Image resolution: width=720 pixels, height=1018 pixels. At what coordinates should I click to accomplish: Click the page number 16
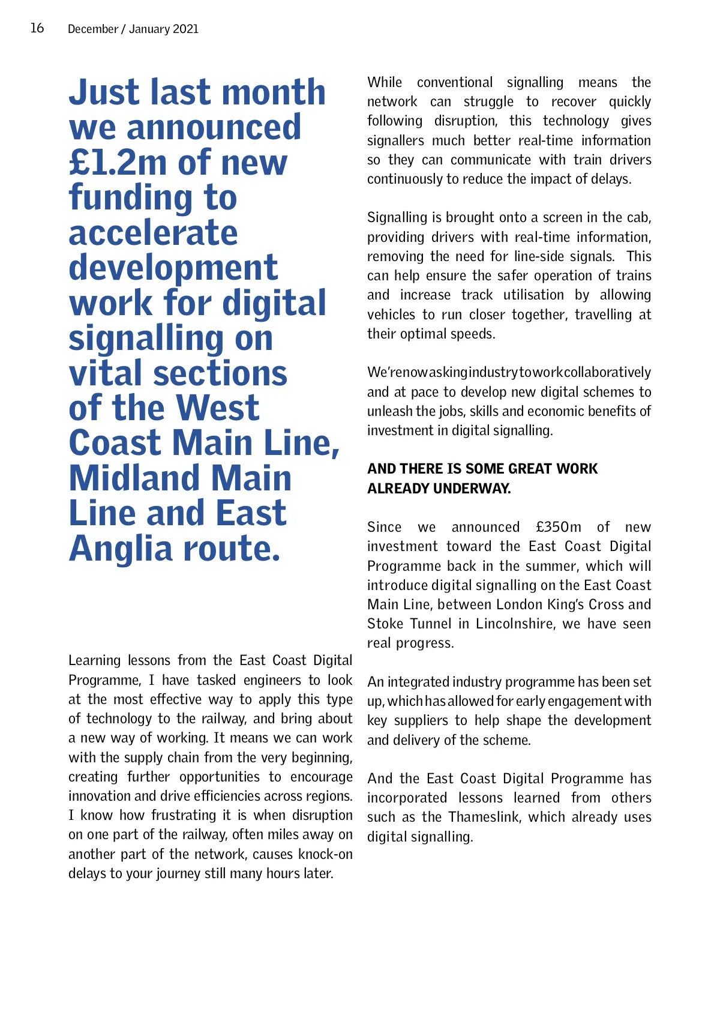pyautogui.click(x=37, y=28)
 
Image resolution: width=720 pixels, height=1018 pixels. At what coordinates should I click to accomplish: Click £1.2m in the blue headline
pyautogui.click(x=118, y=162)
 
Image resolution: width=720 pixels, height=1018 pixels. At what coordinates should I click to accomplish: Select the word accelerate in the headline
pyautogui.click(x=153, y=233)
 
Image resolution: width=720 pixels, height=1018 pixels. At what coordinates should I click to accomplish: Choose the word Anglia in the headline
pyautogui.click(x=121, y=549)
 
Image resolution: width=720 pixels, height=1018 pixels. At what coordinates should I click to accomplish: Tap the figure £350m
pyautogui.click(x=558, y=527)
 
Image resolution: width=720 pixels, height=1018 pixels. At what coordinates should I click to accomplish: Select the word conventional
pyautogui.click(x=455, y=82)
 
